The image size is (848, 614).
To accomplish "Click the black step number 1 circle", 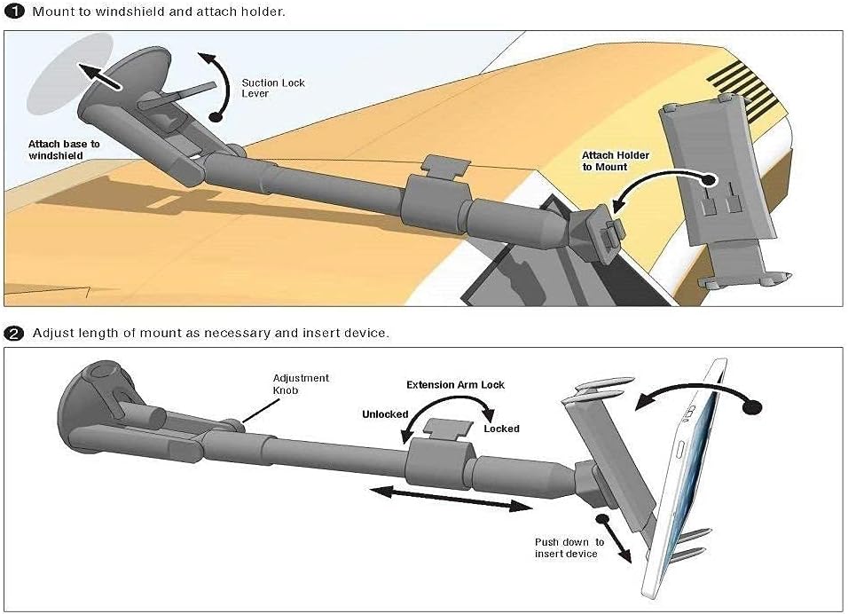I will [x=14, y=12].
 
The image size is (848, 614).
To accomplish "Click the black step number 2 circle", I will [x=14, y=334].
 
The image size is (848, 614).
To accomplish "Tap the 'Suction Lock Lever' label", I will [x=273, y=88].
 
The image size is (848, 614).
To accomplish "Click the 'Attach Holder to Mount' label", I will [x=615, y=161].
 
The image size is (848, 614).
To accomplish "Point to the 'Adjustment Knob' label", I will [x=301, y=383].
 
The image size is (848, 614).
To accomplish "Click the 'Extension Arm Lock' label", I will [x=455, y=385].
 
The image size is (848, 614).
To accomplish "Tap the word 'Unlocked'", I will [x=384, y=414].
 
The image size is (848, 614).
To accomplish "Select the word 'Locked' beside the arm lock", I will [x=501, y=429].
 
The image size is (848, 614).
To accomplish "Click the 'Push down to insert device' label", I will [x=569, y=547].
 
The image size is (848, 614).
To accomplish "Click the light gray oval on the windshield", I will [x=69, y=73].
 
